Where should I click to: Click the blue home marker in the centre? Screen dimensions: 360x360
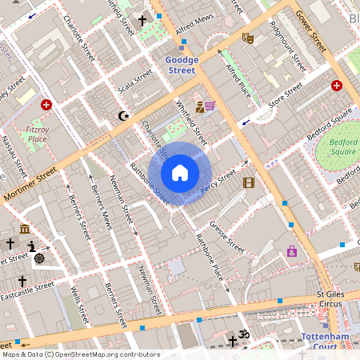180,173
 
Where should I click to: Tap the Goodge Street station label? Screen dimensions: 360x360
180,65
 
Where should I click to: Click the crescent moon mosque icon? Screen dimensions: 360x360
123,116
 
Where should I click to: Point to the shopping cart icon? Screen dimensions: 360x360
210,106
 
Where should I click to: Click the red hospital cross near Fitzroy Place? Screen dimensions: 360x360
46,105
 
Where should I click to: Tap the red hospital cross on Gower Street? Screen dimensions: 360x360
337,86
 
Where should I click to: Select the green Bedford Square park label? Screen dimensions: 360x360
342,148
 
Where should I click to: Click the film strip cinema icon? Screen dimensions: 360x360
248,182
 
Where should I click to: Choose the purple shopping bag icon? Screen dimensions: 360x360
292,251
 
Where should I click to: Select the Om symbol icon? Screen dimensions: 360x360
245,334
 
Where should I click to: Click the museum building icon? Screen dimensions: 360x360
26,229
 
